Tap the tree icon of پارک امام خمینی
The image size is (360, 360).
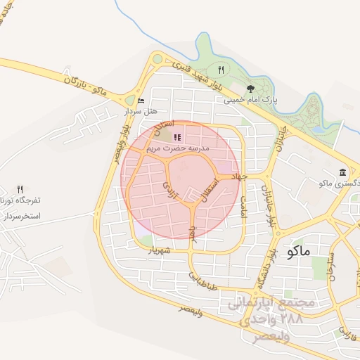tap(250, 88)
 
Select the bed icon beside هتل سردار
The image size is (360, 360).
tap(141, 101)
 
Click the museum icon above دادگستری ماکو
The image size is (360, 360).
tap(342, 172)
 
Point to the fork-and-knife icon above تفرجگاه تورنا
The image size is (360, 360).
tap(20, 189)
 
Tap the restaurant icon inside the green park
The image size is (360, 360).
tap(221, 70)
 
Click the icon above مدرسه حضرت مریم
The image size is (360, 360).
tap(176, 137)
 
